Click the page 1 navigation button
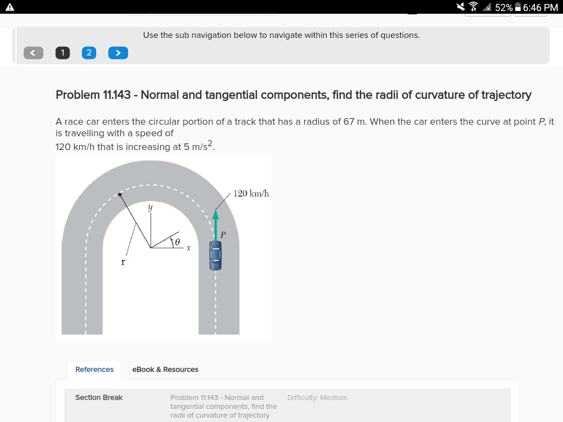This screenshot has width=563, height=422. pos(63,53)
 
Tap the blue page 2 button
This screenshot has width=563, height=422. pos(89,53)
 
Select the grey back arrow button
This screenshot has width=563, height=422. pos(33,53)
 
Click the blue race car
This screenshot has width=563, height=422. pos(216,256)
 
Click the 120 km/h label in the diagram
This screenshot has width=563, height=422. pos(251,193)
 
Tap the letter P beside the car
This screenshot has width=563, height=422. pos(223,235)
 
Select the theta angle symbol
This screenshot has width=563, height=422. pos(176,241)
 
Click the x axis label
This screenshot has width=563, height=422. pos(188,249)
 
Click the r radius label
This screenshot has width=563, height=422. pos(123,262)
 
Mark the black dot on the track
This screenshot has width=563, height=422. pos(120,195)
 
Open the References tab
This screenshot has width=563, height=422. pos(95,369)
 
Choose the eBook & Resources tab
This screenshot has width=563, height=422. pos(165,369)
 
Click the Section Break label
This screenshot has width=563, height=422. pos(99,397)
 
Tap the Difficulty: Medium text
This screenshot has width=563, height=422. pos(317,397)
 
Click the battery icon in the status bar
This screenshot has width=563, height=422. pos(517,7)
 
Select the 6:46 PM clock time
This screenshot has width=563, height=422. pos(540,7)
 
